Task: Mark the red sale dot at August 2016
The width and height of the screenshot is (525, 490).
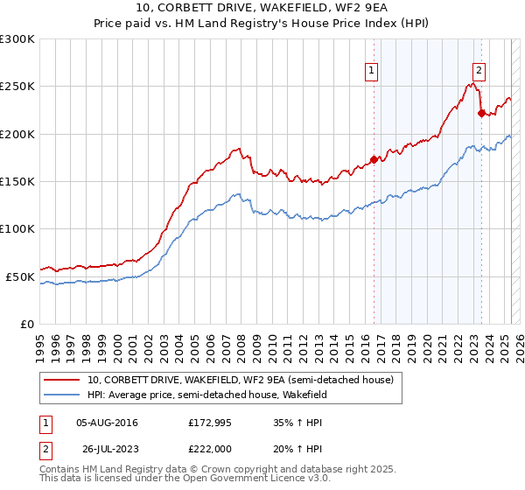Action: (x=374, y=159)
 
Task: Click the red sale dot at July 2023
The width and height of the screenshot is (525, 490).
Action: (x=481, y=113)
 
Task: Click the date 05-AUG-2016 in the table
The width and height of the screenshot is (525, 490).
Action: (x=107, y=423)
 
